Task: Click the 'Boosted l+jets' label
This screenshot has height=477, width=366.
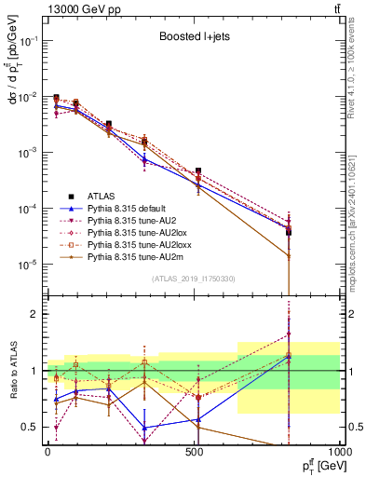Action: tap(192, 38)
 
